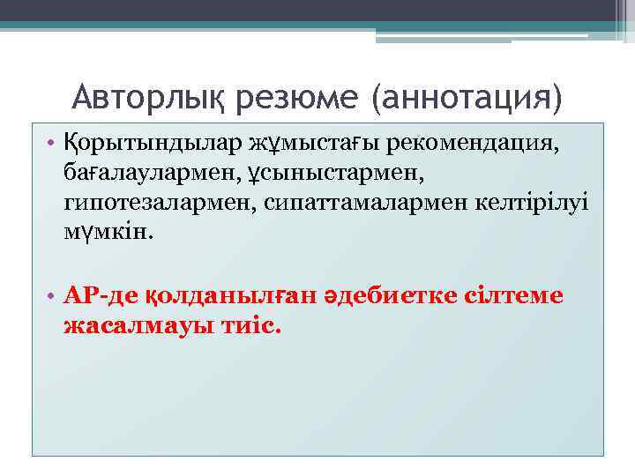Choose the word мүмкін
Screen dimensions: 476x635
(x=108, y=234)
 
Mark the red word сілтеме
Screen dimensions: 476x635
(x=513, y=295)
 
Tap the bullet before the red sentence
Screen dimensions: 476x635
(x=51, y=296)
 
